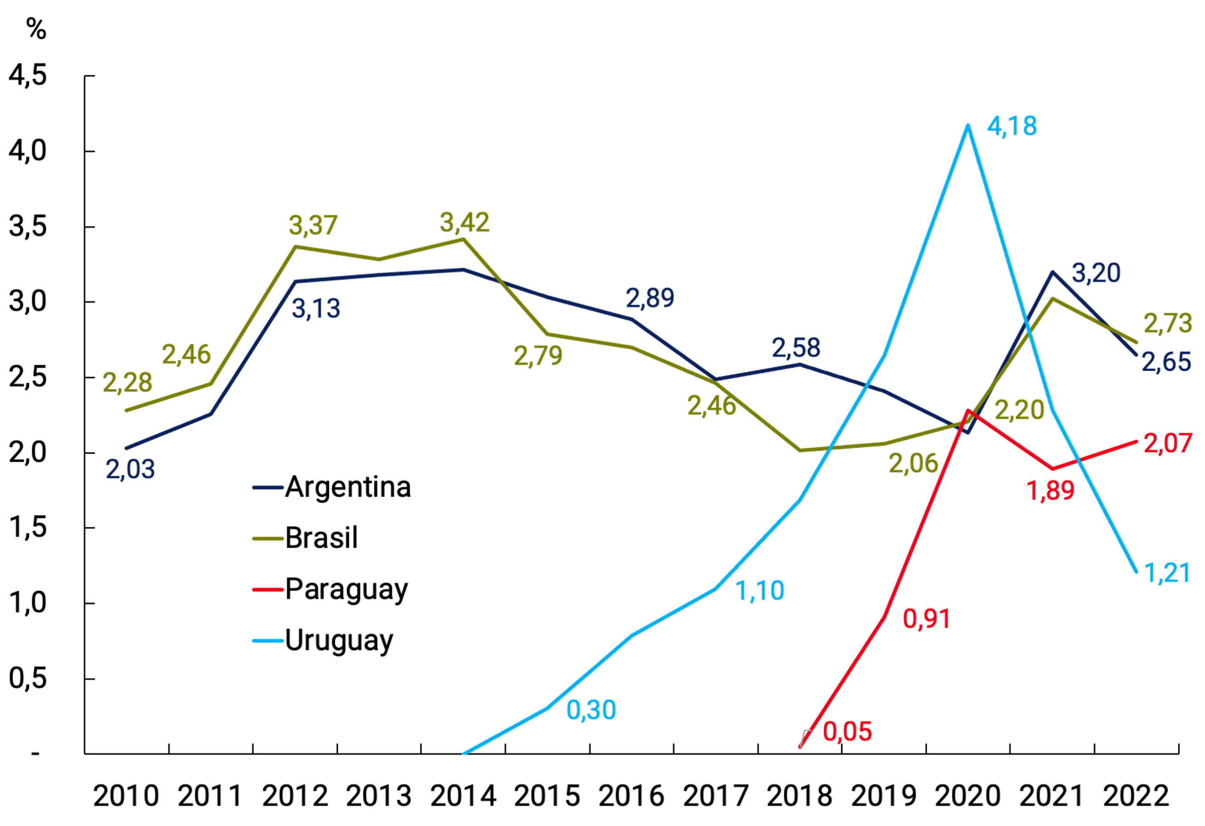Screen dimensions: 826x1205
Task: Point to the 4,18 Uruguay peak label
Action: point(1012,126)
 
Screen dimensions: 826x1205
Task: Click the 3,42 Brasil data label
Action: point(464,222)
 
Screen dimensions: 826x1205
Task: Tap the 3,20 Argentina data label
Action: point(1096,273)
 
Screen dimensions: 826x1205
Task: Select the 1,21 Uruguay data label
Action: point(1166,573)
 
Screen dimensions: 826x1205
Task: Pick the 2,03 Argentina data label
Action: point(130,469)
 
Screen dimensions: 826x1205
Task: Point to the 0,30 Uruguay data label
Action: point(591,710)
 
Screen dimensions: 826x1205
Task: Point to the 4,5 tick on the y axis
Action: point(28,76)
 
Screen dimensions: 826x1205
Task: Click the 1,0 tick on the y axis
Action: point(28,603)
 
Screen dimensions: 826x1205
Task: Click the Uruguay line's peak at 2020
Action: point(967,125)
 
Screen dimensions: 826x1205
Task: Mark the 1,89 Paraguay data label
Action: point(1051,490)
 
